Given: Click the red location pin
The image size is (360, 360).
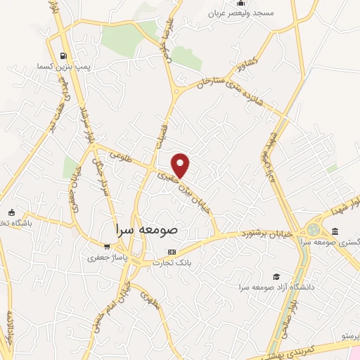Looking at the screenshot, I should [x=181, y=165].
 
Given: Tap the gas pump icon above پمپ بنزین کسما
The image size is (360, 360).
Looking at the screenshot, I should [x=64, y=56].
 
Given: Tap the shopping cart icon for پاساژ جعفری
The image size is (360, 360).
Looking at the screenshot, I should [x=106, y=247].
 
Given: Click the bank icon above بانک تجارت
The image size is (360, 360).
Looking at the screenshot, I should [x=171, y=252].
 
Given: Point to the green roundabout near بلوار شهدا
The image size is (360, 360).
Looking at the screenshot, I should [x=314, y=230].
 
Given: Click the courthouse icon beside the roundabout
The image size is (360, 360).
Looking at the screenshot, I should [x=335, y=231].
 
